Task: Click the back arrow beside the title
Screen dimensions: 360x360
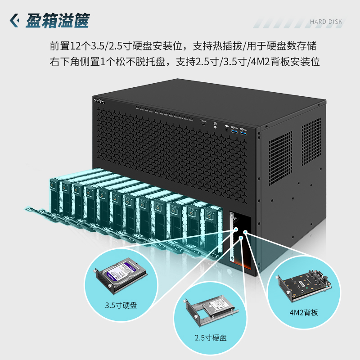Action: point(15,20)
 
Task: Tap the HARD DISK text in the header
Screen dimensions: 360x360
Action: point(326,22)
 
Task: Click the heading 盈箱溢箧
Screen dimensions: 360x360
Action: point(58,20)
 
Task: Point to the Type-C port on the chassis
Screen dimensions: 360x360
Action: point(203,126)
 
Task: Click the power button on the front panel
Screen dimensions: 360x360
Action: point(216,124)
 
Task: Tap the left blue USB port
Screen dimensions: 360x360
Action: point(234,131)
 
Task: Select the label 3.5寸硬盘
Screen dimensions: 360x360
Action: point(121,305)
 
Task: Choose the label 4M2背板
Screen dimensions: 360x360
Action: point(303,311)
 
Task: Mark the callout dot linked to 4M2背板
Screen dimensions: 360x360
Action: point(245,232)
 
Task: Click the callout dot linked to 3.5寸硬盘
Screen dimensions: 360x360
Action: point(236,229)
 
